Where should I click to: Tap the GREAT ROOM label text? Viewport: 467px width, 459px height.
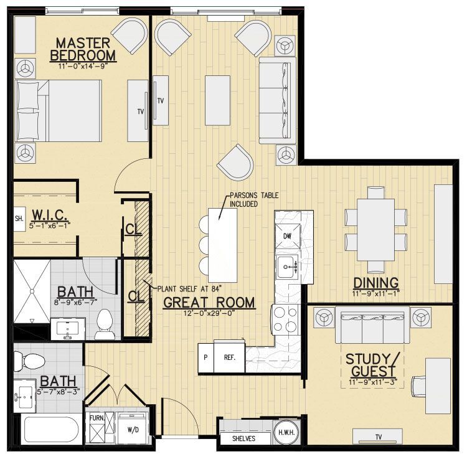(x=209, y=303)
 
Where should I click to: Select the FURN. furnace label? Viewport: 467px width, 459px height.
(x=95, y=419)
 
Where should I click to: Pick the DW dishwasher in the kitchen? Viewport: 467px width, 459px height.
(x=287, y=236)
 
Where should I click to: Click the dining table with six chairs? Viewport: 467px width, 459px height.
(x=375, y=229)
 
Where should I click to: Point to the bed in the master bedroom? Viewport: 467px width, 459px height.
(x=59, y=111)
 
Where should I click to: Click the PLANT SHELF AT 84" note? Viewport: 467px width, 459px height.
(x=183, y=287)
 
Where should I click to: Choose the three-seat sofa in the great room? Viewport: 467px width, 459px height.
(x=271, y=99)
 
